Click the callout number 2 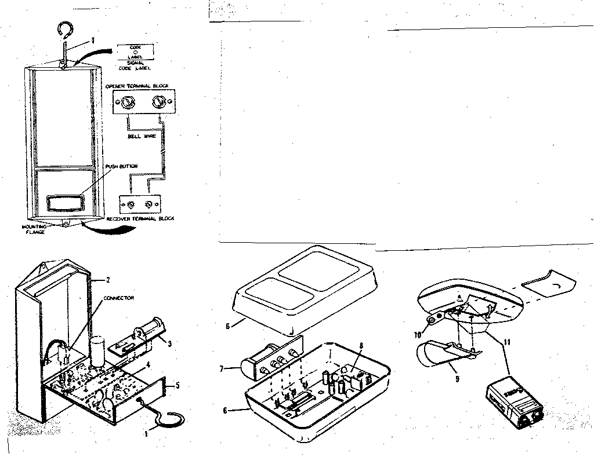108,280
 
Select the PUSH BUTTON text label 121,166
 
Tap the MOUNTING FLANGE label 33,229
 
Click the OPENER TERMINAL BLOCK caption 137,86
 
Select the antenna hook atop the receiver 65,35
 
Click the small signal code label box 135,52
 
